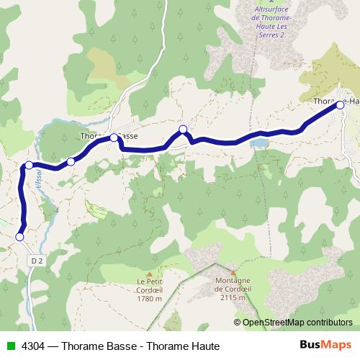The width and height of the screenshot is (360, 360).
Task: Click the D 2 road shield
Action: pyautogui.click(x=38, y=260)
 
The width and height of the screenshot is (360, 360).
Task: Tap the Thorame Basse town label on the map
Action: pyautogui.click(x=108, y=135)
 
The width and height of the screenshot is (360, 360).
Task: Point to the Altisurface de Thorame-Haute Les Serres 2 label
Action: pyautogui.click(x=266, y=22)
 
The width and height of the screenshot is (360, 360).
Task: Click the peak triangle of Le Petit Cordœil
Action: pyautogui.click(x=150, y=273)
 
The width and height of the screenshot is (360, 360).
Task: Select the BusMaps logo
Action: pyautogui.click(x=328, y=345)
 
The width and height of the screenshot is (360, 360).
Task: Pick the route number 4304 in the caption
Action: pyautogui.click(x=32, y=346)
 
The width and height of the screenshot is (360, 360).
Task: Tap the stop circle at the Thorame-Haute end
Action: pyautogui.click(x=340, y=105)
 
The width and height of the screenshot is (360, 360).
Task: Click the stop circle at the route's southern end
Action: pyautogui.click(x=19, y=236)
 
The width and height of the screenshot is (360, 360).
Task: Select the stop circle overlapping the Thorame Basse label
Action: pyautogui.click(x=114, y=137)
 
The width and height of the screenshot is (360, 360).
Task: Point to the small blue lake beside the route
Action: pyautogui.click(x=257, y=143)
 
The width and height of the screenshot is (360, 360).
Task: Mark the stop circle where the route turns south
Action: pyautogui.click(x=29, y=166)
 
